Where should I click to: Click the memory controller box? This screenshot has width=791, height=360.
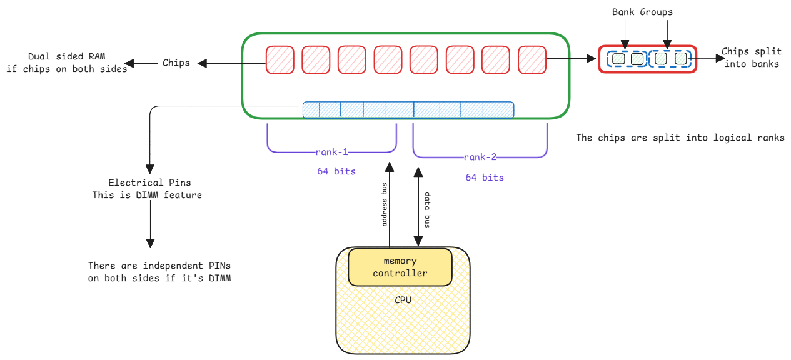(400, 267)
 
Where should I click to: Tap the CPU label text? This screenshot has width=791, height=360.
(403, 300)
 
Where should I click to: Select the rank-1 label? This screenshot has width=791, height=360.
(332, 152)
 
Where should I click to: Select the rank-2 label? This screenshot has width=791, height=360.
(480, 157)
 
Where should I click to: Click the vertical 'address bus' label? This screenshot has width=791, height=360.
(385, 205)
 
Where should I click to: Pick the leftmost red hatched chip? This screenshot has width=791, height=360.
(280, 59)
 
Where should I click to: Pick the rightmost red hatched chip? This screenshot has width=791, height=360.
(532, 59)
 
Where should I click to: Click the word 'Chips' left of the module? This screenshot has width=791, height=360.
(176, 62)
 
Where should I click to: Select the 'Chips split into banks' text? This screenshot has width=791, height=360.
(750, 57)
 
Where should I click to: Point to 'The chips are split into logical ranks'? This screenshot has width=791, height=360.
(680, 137)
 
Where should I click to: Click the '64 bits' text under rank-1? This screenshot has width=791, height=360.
(336, 171)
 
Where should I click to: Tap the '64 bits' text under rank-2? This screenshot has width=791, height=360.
(484, 177)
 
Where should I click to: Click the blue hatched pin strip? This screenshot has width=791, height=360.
(408, 110)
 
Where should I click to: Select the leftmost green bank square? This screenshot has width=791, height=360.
(618, 59)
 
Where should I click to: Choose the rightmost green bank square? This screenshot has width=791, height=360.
(680, 59)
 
